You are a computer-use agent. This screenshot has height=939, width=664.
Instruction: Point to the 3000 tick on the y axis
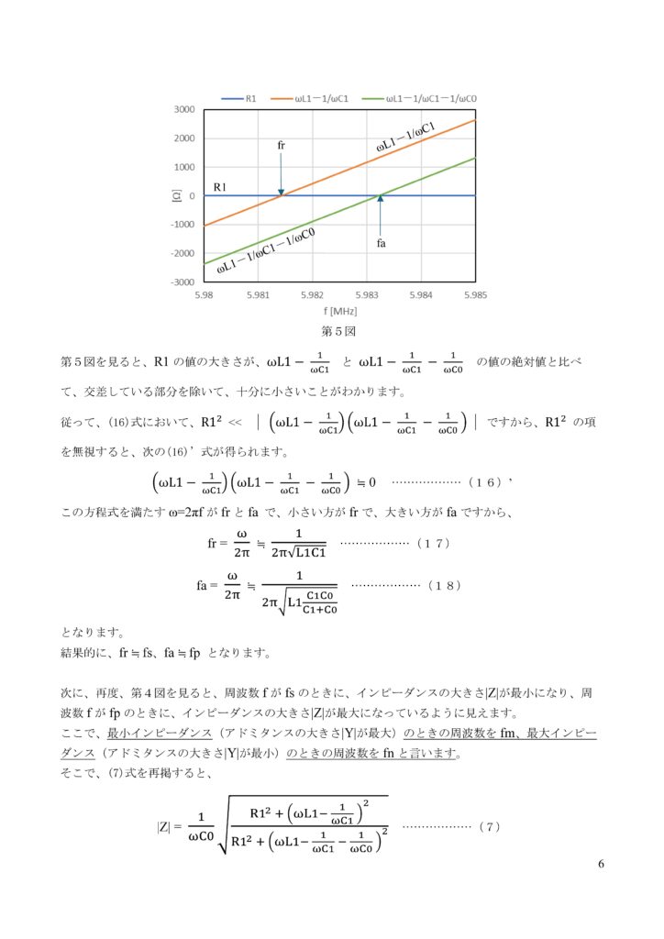click(x=184, y=109)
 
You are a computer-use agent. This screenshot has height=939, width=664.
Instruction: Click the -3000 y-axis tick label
click(x=183, y=282)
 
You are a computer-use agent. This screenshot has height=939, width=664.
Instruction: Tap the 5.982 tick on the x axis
click(x=312, y=295)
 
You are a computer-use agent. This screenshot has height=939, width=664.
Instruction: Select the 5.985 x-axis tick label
click(x=474, y=295)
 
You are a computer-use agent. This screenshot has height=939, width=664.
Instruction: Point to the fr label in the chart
click(x=281, y=146)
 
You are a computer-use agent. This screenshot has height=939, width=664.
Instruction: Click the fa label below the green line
click(x=381, y=244)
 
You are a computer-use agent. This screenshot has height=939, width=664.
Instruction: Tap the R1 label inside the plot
click(x=221, y=187)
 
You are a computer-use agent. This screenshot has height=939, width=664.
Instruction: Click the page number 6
click(x=600, y=865)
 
